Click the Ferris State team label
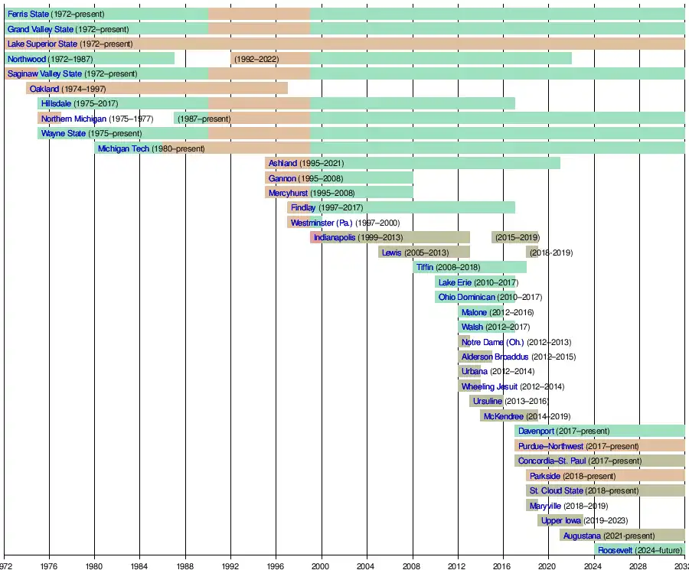pos(28,15)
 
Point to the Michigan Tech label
pos(123,148)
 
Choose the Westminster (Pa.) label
pos(322,223)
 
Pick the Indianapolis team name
pos(335,238)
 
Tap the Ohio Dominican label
pos(467,297)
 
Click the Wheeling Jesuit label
pos(489,386)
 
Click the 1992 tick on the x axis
pos(230,565)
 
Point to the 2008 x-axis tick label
pos(412,565)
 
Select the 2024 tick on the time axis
pos(593,565)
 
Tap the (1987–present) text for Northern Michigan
pos(204,119)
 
